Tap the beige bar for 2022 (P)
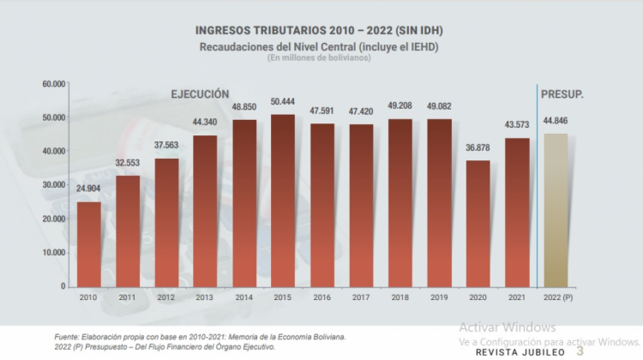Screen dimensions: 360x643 [x=556, y=210]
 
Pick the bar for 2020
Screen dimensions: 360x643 [x=478, y=224]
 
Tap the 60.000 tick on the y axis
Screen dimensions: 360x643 [x=54, y=84]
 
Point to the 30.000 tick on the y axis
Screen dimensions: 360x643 [x=54, y=185]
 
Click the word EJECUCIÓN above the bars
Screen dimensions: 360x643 [x=199, y=93]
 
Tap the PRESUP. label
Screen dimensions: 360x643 [x=562, y=93]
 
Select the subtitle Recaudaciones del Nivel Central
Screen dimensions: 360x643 [x=319, y=46]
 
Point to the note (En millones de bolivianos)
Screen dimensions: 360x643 [x=320, y=57]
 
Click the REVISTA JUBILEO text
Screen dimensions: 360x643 [x=520, y=351]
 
